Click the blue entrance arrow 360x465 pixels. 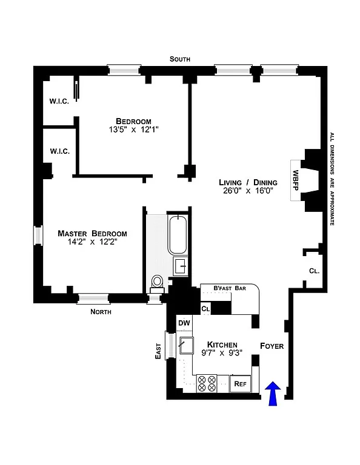click(273, 394)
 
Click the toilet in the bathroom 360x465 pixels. click(158, 282)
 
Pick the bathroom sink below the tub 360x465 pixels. click(180, 265)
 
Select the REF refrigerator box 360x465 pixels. click(241, 383)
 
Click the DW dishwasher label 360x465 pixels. click(184, 323)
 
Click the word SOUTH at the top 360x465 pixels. click(180, 59)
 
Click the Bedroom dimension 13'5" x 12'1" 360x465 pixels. click(134, 130)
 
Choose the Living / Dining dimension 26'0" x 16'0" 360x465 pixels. click(248, 191)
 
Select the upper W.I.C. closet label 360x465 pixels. click(59, 101)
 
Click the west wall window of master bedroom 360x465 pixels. click(38, 236)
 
